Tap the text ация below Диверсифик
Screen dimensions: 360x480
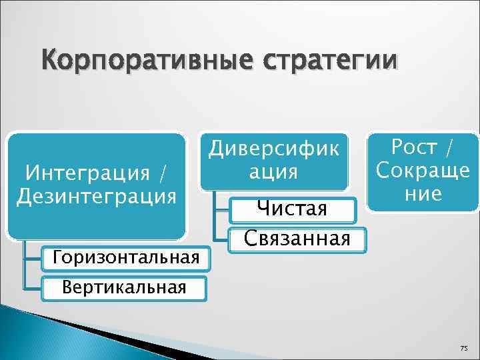click(274, 172)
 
